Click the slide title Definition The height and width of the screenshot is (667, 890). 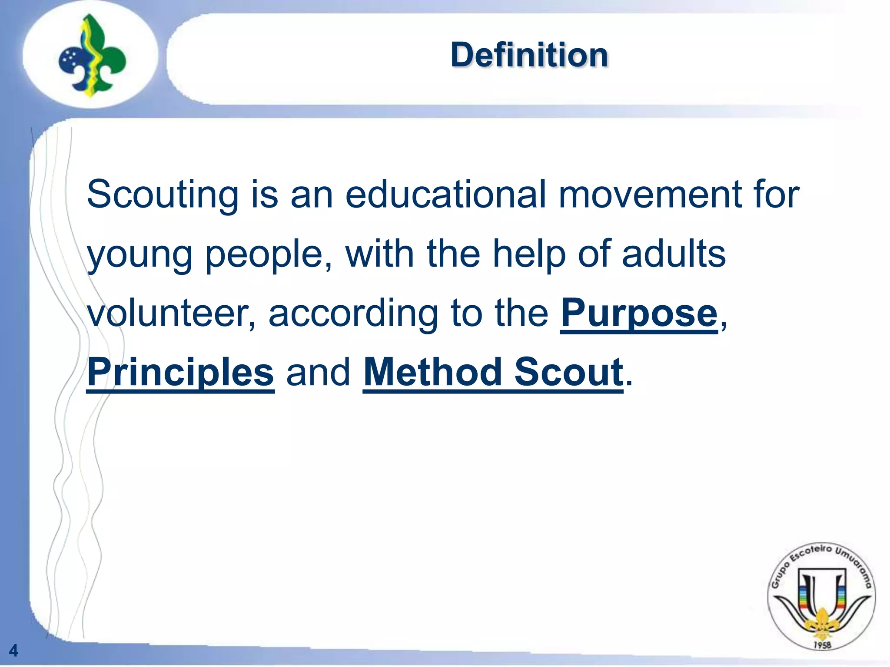(x=529, y=55)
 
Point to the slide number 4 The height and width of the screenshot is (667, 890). (x=13, y=650)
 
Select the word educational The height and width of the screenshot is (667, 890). (x=445, y=194)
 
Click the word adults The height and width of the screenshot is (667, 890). (x=674, y=254)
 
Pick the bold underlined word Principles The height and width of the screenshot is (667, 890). (x=181, y=373)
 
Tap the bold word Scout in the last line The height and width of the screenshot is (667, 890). (x=569, y=372)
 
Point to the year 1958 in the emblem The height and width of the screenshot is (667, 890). (x=822, y=645)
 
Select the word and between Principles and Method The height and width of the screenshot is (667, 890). (x=319, y=372)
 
